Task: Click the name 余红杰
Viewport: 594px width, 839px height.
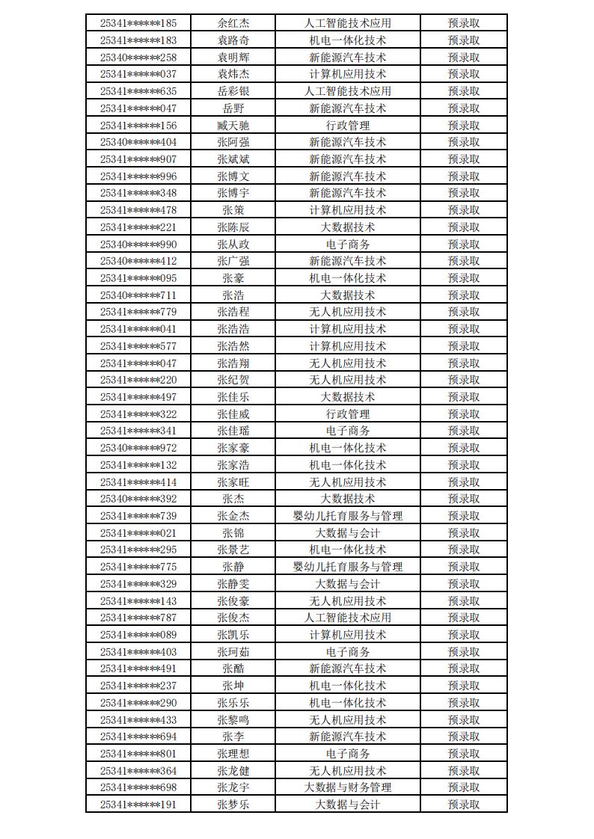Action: tap(233, 23)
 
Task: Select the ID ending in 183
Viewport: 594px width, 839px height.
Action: tap(138, 40)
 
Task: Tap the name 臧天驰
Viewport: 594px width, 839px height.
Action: tap(233, 125)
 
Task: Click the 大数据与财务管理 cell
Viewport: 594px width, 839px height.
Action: tap(348, 787)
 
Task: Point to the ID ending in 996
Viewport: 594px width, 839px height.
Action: tap(138, 176)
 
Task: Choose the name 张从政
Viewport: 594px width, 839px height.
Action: tap(233, 244)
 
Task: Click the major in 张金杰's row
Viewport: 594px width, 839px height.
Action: tap(348, 516)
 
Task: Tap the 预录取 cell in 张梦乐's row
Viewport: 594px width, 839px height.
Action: tap(464, 805)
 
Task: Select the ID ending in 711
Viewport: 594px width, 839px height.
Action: tap(138, 295)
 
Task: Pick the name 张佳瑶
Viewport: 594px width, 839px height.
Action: tap(233, 431)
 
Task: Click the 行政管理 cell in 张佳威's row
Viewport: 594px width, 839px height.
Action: tap(348, 414)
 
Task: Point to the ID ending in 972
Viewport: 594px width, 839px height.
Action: tap(138, 448)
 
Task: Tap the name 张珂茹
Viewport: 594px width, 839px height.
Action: tap(233, 652)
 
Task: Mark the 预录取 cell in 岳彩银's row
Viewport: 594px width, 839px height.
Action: tap(464, 91)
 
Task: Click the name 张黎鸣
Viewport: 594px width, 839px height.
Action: tap(233, 719)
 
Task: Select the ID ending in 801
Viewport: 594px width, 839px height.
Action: tap(138, 754)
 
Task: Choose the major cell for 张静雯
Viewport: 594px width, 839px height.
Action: tap(348, 584)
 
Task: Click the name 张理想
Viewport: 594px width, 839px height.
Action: tap(233, 754)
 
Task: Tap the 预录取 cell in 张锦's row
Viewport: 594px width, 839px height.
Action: tap(464, 533)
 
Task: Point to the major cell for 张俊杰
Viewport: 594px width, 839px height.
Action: tap(348, 618)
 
